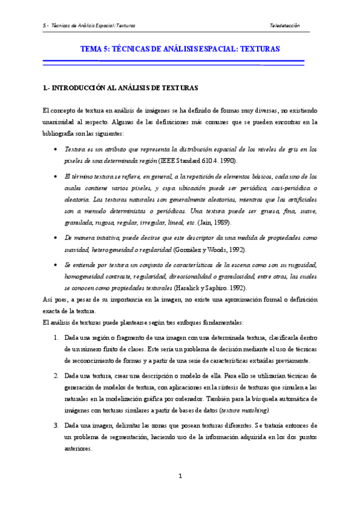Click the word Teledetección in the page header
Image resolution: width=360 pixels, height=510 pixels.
[285, 26]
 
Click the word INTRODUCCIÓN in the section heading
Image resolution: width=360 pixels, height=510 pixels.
[78, 88]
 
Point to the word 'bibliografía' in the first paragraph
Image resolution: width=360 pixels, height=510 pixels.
[60, 134]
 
